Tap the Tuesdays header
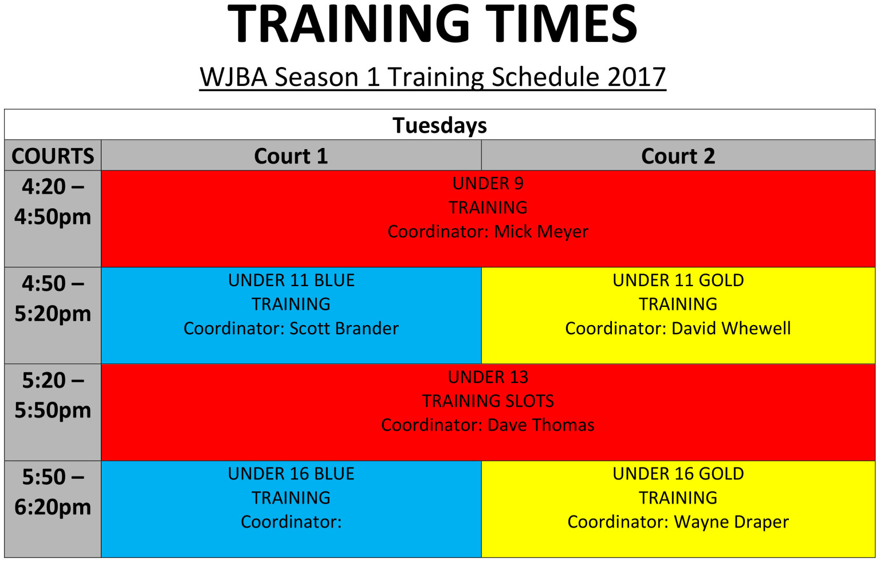coord(439,125)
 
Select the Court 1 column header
coord(290,156)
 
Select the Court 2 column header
coord(678,156)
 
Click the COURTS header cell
coord(53,156)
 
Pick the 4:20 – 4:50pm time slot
coord(53,202)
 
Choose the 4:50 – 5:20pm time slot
coord(53,299)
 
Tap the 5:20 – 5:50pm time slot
coord(53,396)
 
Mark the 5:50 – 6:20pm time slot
coord(53,492)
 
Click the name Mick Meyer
coord(541,232)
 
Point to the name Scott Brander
coord(344,329)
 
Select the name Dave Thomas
coord(541,426)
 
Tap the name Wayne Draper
coord(731,522)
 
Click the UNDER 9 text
coord(488,184)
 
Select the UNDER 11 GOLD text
coord(678,280)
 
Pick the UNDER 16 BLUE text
coord(291,474)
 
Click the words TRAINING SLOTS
coord(488,401)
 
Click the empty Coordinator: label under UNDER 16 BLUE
coord(291,522)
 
